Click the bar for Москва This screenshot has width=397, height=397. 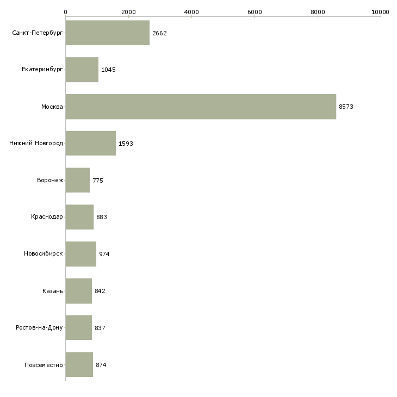[201, 107]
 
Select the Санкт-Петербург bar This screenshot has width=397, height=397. [108, 33]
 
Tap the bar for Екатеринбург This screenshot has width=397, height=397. [82, 70]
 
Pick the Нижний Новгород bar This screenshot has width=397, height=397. [91, 144]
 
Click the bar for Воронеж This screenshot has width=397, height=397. [78, 180]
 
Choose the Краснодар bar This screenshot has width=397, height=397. [79, 217]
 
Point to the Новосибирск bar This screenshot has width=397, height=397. [81, 254]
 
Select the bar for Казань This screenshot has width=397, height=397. [79, 291]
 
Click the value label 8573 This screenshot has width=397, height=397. [346, 107]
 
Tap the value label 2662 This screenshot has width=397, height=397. [159, 33]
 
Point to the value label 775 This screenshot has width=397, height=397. [98, 181]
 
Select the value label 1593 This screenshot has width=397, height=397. [126, 144]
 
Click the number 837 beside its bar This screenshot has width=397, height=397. [100, 328]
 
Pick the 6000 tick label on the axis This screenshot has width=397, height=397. [255, 12]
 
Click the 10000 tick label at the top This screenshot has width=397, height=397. [380, 12]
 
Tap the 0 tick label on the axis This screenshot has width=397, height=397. [66, 12]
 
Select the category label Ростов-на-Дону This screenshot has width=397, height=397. [39, 327]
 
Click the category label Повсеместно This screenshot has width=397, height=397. [44, 365]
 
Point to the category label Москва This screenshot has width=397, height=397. [52, 107]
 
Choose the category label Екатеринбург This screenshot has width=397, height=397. [42, 70]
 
